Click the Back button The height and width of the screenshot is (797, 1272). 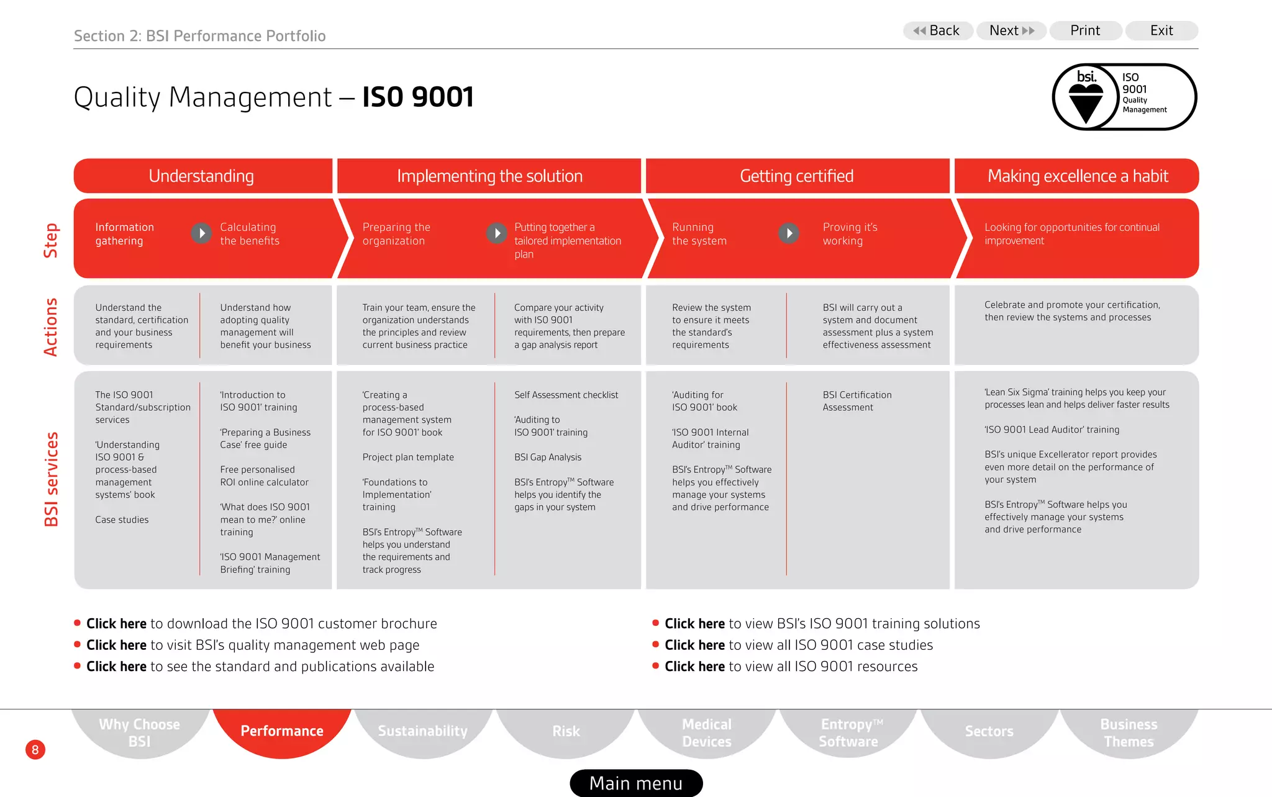point(937,30)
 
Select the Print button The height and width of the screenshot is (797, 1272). point(1085,30)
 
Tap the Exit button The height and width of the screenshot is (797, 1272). point(1161,30)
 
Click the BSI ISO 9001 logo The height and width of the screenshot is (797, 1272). point(1124,97)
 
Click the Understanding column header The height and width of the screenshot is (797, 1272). point(202,176)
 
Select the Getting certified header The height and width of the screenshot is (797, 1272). point(797,176)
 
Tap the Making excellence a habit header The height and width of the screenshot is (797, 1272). point(1078,176)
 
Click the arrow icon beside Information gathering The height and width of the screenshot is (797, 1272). point(201,233)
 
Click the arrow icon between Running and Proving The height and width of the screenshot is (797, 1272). point(789,233)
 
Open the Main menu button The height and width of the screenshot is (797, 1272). point(636,783)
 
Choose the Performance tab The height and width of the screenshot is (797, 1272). point(282,731)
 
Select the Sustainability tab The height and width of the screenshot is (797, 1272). point(423,731)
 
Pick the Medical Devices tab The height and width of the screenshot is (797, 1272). point(707,732)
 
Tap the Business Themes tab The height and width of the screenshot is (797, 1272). point(1129,732)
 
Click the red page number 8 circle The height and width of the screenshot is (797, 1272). point(35,750)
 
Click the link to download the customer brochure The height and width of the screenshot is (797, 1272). point(117,624)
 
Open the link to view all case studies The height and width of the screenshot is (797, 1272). point(694,646)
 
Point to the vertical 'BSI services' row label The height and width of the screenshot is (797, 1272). point(52,479)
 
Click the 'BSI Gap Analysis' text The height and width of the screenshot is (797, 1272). point(548,457)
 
